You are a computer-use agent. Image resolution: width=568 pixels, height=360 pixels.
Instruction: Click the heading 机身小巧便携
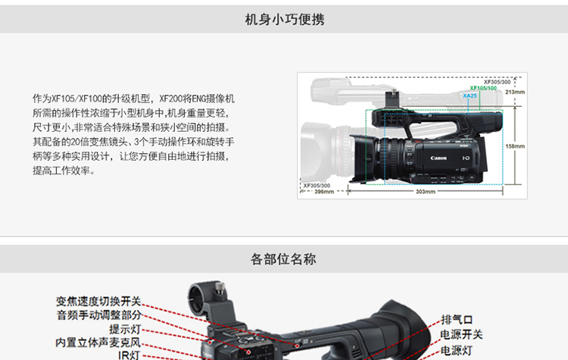click(x=284, y=20)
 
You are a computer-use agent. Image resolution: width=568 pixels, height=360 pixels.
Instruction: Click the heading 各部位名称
click(x=283, y=259)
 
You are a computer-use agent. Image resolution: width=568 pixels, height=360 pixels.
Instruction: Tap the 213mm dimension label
click(x=515, y=92)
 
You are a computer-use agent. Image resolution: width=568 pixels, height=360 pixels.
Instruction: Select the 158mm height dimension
click(x=515, y=146)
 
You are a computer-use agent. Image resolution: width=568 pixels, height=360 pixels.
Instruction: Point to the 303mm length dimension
click(x=426, y=192)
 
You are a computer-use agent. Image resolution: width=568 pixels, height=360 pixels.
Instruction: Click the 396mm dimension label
click(x=324, y=192)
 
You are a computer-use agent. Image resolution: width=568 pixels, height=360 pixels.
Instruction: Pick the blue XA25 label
click(x=470, y=95)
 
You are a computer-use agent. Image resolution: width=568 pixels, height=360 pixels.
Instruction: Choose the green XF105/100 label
click(x=483, y=88)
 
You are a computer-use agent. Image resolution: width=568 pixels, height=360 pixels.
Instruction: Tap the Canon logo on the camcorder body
click(x=438, y=158)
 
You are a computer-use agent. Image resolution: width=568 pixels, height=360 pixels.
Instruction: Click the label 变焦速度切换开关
click(x=98, y=302)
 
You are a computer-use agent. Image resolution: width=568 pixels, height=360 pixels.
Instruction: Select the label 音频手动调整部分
click(x=98, y=315)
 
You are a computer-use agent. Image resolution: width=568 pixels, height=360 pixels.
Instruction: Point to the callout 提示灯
click(x=125, y=329)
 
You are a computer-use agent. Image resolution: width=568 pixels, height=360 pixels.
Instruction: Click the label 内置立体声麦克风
click(x=98, y=343)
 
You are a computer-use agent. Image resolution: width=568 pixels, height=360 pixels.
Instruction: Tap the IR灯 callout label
click(x=129, y=355)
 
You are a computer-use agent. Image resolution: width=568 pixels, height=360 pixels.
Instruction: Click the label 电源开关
click(x=461, y=335)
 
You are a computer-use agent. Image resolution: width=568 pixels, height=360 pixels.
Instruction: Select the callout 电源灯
click(x=457, y=350)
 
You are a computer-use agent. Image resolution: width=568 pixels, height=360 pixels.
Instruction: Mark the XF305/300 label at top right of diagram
click(x=497, y=82)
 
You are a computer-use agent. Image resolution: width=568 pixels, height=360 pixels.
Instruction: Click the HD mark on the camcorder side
click(x=466, y=158)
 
